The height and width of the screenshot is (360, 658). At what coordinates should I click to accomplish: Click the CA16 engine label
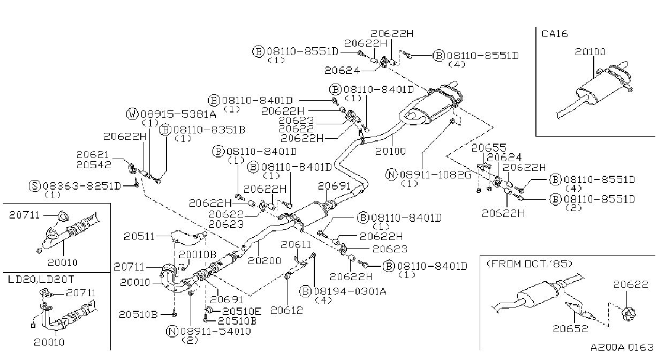[554, 34]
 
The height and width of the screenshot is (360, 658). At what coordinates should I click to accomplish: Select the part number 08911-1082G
[435, 175]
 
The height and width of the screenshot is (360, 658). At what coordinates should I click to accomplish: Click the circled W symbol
[132, 114]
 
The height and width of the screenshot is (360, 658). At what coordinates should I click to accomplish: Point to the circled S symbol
[35, 186]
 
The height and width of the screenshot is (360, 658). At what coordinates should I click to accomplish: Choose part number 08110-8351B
[209, 130]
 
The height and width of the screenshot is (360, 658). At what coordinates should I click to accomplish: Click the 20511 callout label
[139, 236]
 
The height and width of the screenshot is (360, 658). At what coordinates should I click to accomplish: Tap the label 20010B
[198, 254]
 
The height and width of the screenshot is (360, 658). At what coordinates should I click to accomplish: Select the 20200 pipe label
[264, 261]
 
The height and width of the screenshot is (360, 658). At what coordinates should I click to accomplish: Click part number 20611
[296, 244]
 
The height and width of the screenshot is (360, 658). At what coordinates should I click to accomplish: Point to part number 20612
[286, 310]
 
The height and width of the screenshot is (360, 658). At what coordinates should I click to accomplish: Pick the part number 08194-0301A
[350, 291]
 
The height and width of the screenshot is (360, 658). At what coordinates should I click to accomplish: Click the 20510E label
[242, 311]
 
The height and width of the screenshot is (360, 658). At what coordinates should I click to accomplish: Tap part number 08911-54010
[216, 332]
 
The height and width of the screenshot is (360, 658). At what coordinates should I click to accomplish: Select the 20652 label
[570, 328]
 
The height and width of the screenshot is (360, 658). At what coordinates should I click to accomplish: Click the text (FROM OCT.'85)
[530, 264]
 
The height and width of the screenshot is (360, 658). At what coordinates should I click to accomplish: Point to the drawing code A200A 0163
[622, 348]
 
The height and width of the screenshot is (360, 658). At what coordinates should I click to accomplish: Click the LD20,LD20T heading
[41, 279]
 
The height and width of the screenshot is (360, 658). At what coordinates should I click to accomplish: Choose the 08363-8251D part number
[82, 186]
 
